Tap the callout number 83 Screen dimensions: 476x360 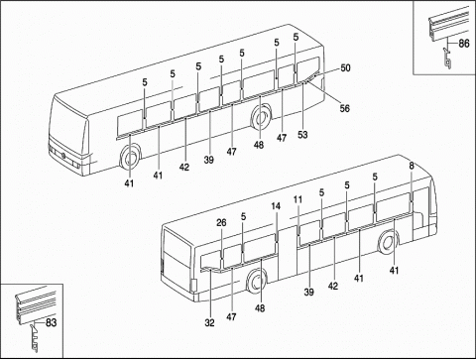point(50,322)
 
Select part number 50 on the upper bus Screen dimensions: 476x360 point(345,67)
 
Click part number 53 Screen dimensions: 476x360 point(302,133)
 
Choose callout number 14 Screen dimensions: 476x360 point(276,206)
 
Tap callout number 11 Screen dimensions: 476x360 point(297,201)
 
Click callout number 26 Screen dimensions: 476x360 point(221,223)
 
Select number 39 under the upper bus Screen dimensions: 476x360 point(209,159)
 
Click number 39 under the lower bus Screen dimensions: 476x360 point(309,293)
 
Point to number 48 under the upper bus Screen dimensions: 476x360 point(258,145)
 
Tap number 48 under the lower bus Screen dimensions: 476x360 point(261,307)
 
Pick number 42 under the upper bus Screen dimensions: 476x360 point(184,167)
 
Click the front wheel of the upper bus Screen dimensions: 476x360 point(131,158)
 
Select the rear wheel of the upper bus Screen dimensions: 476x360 point(263,118)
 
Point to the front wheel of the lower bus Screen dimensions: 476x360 point(390,241)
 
